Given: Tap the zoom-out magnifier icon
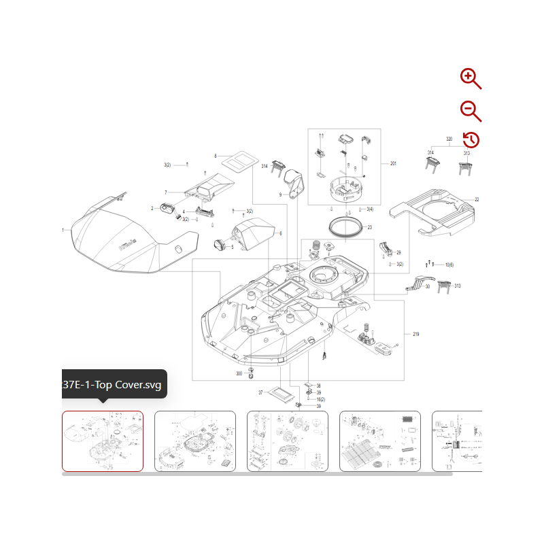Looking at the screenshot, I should pos(470,110).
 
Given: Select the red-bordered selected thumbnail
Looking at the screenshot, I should pos(103,441).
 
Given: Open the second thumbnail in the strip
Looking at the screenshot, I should pos(195,441).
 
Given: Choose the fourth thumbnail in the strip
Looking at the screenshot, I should pos(380,441).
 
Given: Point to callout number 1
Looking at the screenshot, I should pos(63,230).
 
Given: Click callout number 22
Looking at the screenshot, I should pos(477,199).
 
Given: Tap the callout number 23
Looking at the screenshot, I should pos(370,227).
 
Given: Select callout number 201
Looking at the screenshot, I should pos(393,164).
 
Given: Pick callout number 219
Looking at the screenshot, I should pos(416,334).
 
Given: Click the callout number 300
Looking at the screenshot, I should pos(239,374).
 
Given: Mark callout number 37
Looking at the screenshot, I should pos(260,393).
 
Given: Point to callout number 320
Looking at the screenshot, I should pos(449,139).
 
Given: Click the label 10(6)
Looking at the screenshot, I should pos(449,264).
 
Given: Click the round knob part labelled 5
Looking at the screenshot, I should pos(220,245).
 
